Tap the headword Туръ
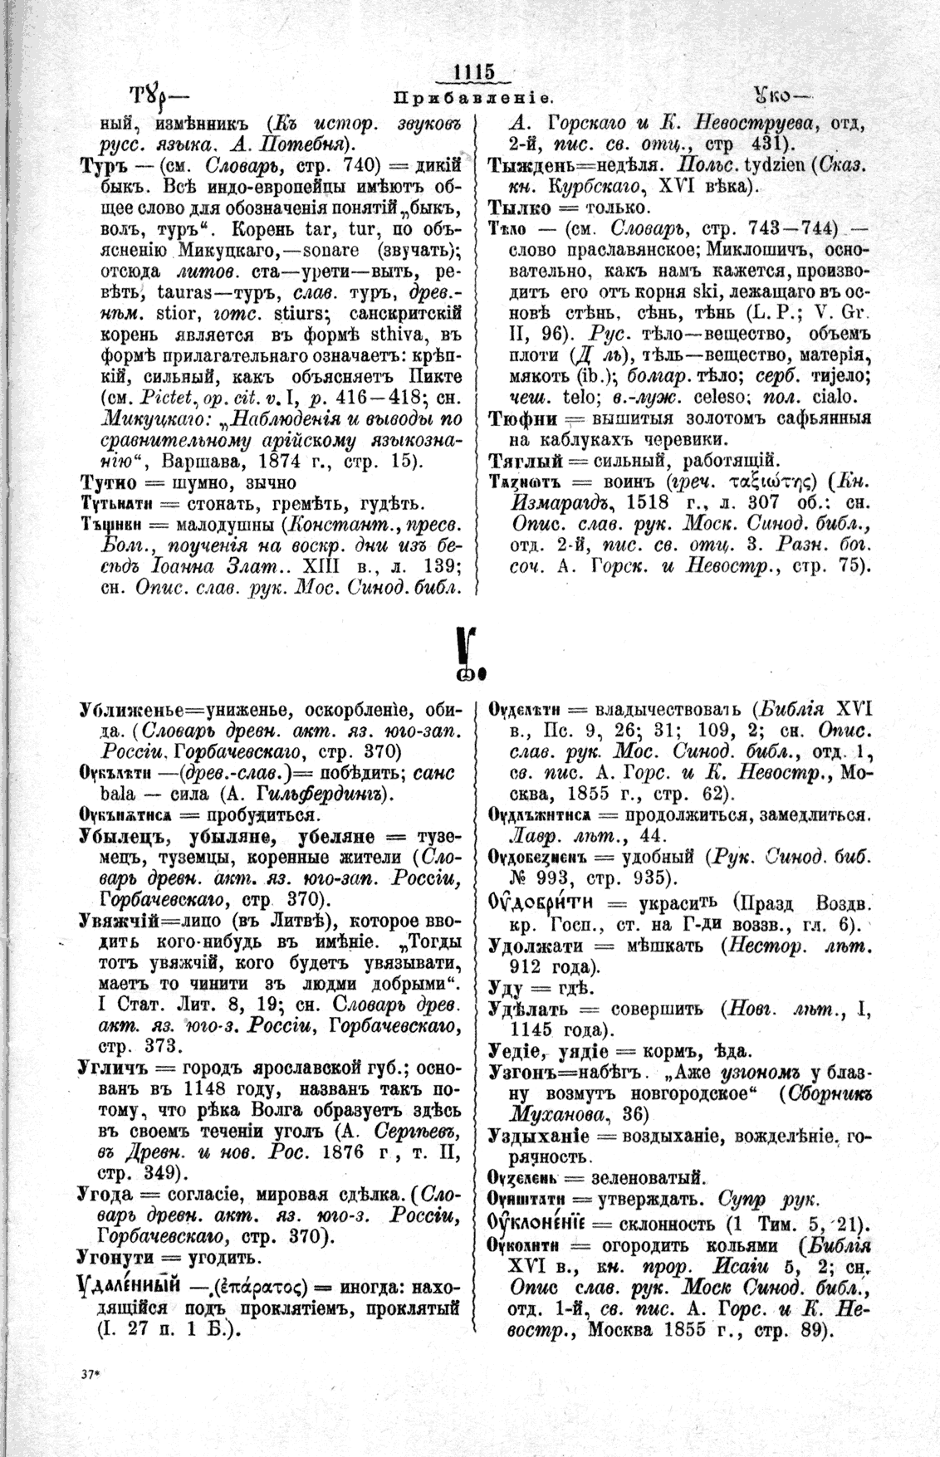tap(101, 167)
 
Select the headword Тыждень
tap(528, 164)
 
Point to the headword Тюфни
tap(518, 418)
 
